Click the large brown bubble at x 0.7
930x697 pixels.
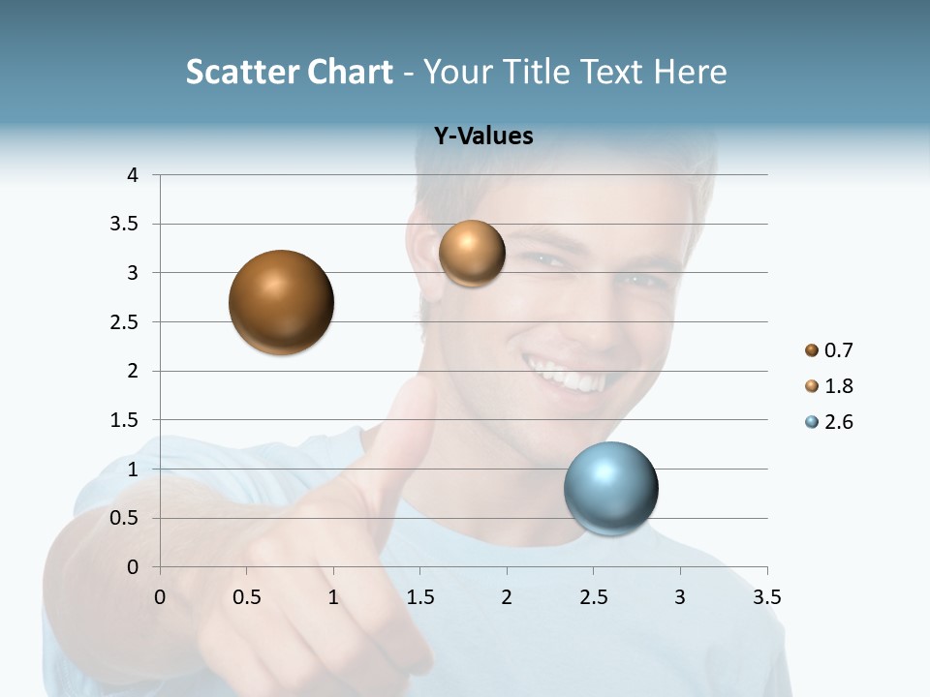pos(282,302)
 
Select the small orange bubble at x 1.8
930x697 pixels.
pos(472,254)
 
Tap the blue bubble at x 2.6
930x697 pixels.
pos(611,488)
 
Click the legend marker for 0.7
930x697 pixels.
pos(812,350)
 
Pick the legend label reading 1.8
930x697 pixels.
pos(838,386)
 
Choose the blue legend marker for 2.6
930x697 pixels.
pos(812,422)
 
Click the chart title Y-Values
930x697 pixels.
pos(483,136)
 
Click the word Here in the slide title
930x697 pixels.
pos(689,72)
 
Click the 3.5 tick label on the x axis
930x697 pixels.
pos(766,597)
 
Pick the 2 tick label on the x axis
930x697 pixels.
pos(507,597)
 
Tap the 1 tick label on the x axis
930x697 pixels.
pos(333,597)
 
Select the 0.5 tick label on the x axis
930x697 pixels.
pos(247,597)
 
